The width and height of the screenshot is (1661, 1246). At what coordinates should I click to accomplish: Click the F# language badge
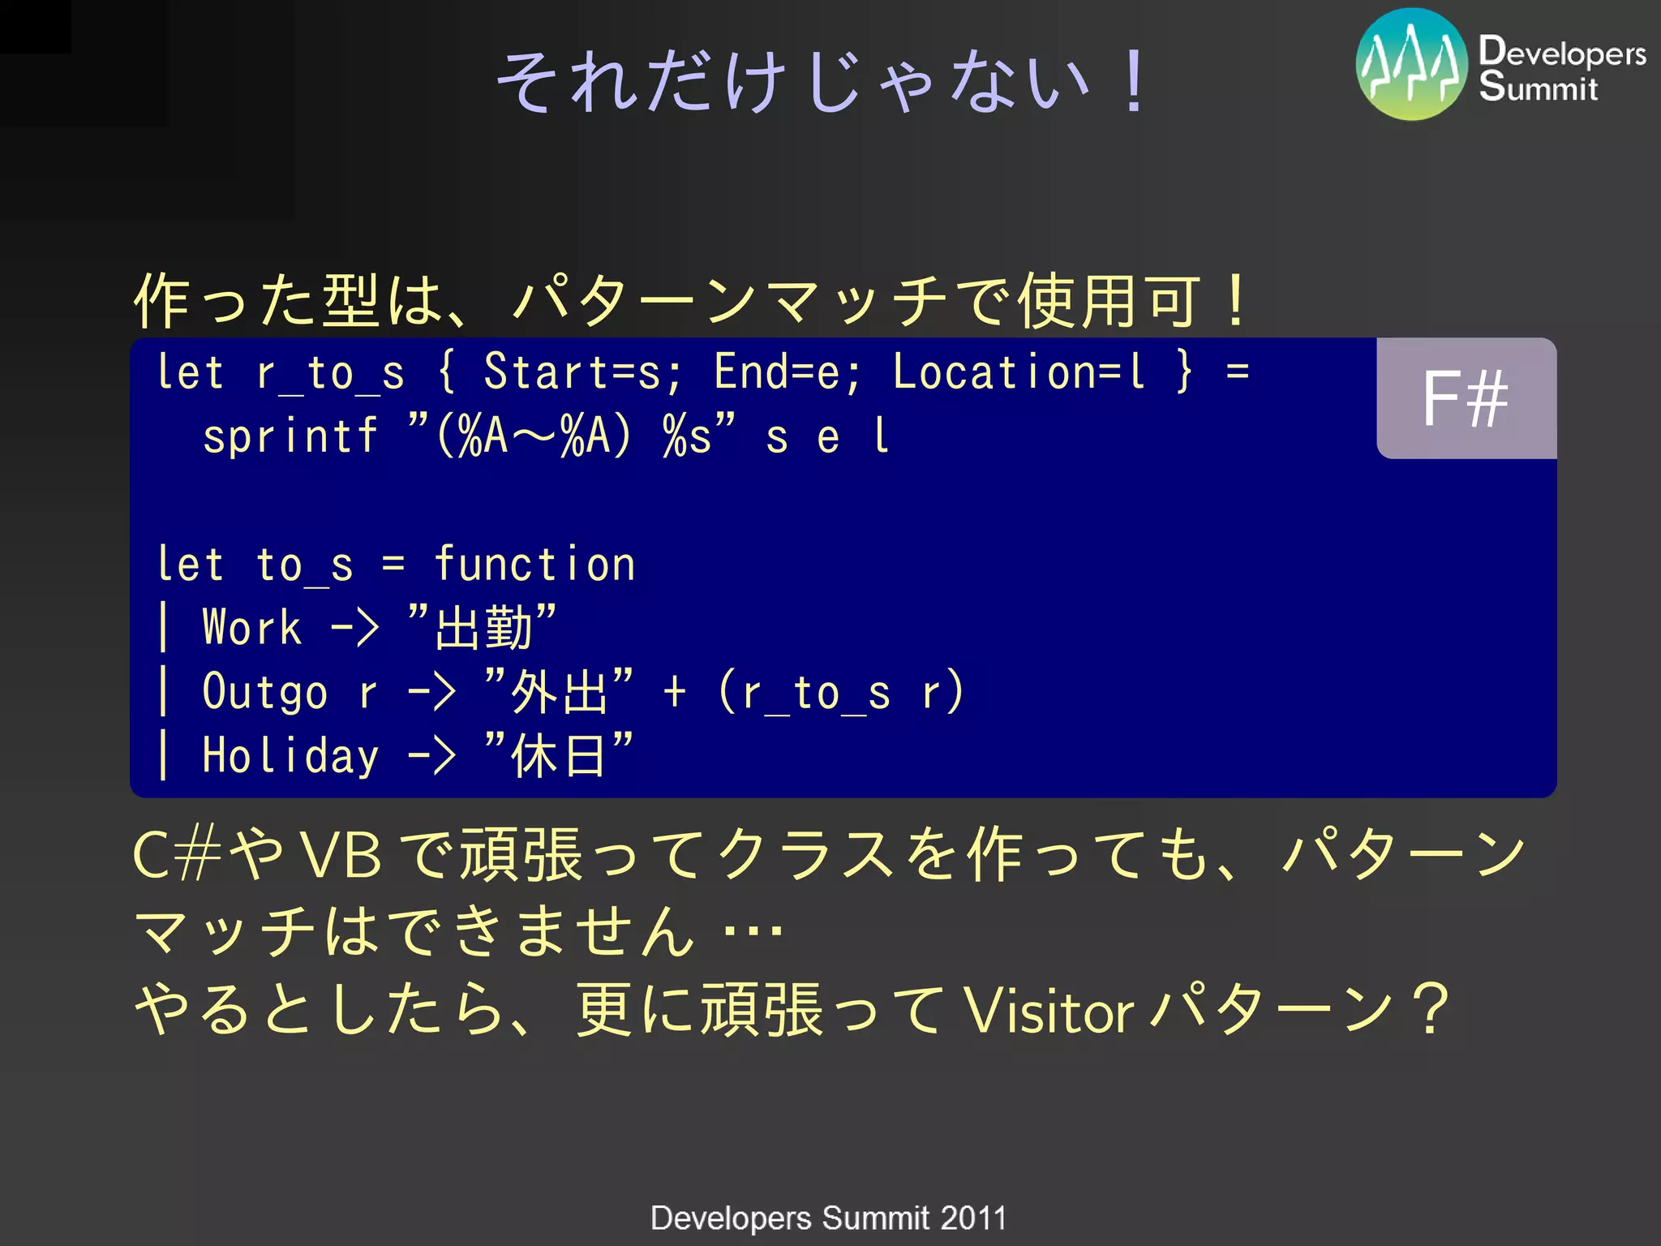tap(1466, 398)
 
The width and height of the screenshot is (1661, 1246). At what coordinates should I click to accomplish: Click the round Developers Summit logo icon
tap(1411, 65)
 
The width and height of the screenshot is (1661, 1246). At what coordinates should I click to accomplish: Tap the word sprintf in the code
tap(290, 436)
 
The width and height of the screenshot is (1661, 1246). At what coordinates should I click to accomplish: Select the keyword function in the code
tap(534, 565)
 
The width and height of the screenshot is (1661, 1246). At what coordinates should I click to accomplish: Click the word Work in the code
tap(251, 628)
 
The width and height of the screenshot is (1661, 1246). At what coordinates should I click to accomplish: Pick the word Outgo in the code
tap(264, 692)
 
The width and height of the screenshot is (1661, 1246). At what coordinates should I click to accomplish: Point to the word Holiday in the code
tap(290, 755)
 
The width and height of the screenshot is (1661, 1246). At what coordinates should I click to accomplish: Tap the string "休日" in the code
tap(558, 755)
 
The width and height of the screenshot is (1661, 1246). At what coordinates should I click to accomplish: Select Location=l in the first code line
tap(1019, 372)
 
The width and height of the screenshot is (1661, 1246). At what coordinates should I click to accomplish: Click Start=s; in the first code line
tap(583, 372)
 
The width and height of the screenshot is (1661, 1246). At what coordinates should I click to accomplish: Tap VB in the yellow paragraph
tap(341, 856)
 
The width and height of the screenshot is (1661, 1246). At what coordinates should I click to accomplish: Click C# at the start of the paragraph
tap(177, 856)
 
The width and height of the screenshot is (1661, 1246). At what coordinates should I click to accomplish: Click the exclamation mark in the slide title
tap(1134, 81)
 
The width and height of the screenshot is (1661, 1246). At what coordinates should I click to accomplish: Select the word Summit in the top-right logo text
tap(1538, 88)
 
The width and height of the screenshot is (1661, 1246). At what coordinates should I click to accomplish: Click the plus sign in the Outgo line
tap(674, 692)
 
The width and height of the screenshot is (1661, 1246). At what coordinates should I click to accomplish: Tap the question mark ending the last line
tap(1433, 1010)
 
